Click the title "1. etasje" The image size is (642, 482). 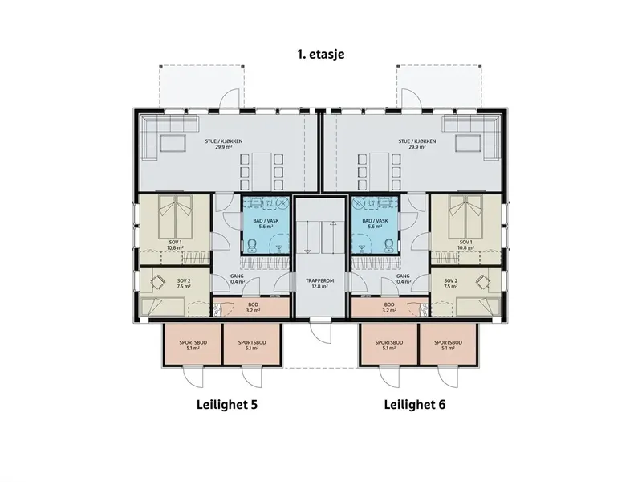(x=320, y=54)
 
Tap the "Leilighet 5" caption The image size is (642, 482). (x=227, y=405)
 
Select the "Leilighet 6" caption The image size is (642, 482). (x=415, y=405)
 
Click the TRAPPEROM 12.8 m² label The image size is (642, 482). (x=319, y=284)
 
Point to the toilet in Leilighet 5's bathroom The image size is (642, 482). (x=252, y=245)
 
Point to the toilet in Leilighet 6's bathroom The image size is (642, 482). (x=388, y=245)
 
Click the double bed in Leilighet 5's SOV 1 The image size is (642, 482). (x=176, y=217)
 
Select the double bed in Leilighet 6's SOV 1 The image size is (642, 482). (x=465, y=217)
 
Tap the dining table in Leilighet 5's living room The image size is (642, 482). (x=262, y=171)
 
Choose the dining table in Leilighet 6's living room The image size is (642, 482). (x=380, y=171)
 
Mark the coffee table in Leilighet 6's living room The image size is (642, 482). (x=469, y=144)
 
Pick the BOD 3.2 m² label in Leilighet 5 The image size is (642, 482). (x=253, y=308)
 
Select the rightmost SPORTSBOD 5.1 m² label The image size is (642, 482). (x=449, y=345)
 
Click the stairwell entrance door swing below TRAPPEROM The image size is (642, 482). (x=319, y=330)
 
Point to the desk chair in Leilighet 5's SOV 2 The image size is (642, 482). (x=157, y=282)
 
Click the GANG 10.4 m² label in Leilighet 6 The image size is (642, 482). (x=403, y=279)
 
